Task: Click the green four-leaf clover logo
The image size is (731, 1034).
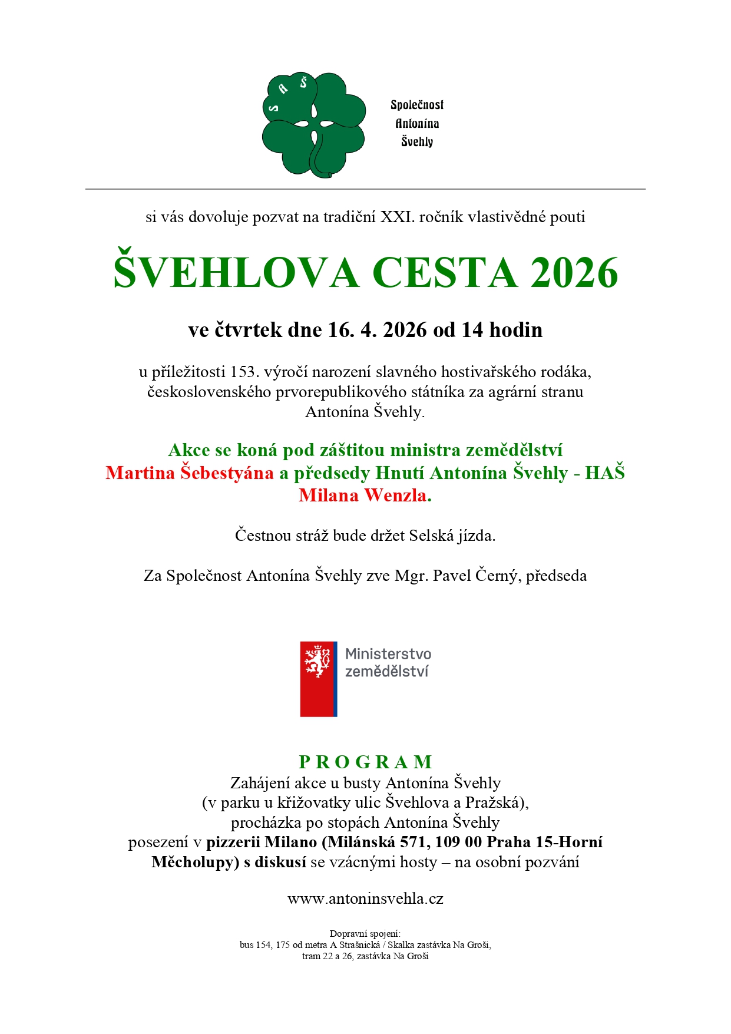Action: pyautogui.click(x=313, y=124)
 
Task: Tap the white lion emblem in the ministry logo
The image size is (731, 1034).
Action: pyautogui.click(x=317, y=662)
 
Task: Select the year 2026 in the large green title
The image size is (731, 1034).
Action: pyautogui.click(x=574, y=273)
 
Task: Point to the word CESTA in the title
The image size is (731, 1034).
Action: pyautogui.click(x=445, y=273)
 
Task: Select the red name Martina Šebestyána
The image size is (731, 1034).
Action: pyautogui.click(x=190, y=473)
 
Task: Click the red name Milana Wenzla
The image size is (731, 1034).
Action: pyautogui.click(x=362, y=495)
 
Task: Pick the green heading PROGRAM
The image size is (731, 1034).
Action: pyautogui.click(x=366, y=762)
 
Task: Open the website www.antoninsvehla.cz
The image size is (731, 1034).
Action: pyautogui.click(x=365, y=899)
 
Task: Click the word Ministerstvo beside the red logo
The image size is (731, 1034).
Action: pyautogui.click(x=388, y=654)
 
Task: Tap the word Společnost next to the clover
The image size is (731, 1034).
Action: pyautogui.click(x=417, y=105)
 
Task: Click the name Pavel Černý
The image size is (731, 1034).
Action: pyautogui.click(x=476, y=576)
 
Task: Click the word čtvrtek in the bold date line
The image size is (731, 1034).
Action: pyautogui.click(x=248, y=330)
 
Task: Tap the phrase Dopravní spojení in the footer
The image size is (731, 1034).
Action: pyautogui.click(x=365, y=934)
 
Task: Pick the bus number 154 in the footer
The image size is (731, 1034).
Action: pyautogui.click(x=263, y=945)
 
